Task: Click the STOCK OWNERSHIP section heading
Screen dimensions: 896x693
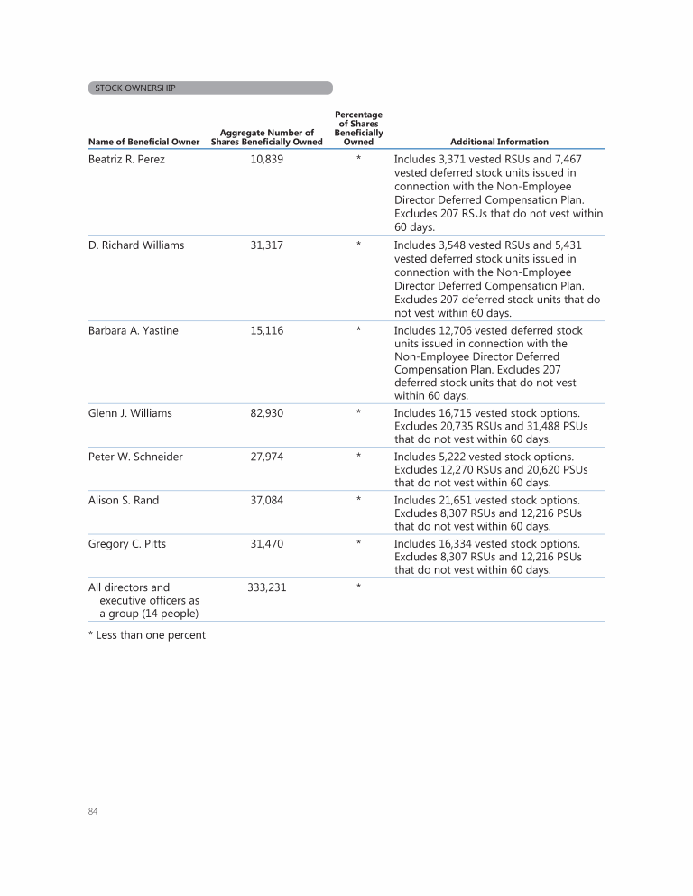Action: (135, 88)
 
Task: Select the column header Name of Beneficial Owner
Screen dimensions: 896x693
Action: (143, 142)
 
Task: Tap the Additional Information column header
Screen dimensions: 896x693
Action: (499, 142)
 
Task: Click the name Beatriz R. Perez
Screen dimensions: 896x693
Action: (126, 160)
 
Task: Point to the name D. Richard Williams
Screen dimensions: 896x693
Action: (136, 245)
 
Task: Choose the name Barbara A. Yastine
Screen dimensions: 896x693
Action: (134, 331)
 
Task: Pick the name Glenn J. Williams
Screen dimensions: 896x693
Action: (130, 413)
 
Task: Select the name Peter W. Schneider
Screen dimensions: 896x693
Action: (135, 457)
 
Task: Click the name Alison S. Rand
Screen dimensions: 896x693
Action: (124, 500)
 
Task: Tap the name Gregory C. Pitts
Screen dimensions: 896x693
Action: (127, 543)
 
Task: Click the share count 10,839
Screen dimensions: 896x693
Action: (267, 160)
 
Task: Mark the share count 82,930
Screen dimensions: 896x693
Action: (267, 413)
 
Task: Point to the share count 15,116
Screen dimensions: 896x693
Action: (267, 331)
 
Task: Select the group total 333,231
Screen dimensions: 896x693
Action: (267, 587)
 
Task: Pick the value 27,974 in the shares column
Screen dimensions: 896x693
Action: (267, 457)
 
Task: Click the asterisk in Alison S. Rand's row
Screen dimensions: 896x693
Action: (358, 500)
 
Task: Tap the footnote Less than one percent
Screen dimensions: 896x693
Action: (147, 635)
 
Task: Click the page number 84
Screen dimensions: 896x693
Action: (93, 812)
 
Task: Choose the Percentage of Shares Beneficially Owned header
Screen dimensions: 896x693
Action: (358, 128)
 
